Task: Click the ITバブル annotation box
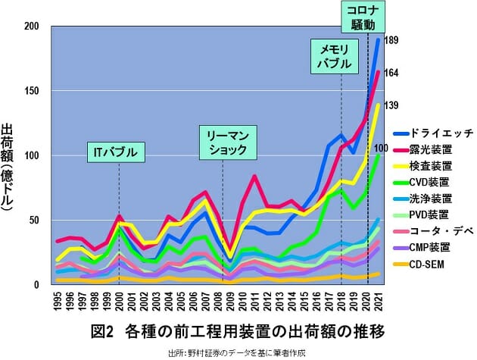coord(118,152)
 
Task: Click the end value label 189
coord(391,40)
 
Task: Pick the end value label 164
coord(391,73)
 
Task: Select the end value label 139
coord(391,105)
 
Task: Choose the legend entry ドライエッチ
coord(437,132)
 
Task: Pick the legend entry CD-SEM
coord(430,264)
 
